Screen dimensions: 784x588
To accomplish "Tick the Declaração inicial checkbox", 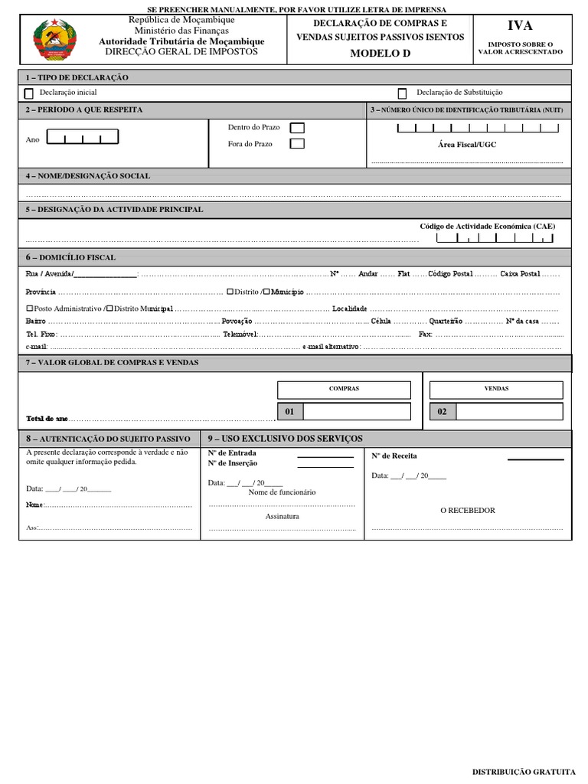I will [29, 93].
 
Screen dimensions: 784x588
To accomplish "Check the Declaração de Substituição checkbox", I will [402, 93].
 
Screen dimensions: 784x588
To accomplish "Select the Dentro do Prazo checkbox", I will [296, 128].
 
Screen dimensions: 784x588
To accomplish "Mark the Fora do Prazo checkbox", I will [296, 144].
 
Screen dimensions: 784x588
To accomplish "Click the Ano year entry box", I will [83, 138].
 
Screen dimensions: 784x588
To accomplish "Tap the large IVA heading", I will [520, 26].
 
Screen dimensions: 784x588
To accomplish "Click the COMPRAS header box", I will [344, 389].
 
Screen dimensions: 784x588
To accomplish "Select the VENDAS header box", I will [496, 389].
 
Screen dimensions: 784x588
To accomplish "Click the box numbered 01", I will [289, 412].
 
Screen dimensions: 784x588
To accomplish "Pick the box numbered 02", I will [443, 412].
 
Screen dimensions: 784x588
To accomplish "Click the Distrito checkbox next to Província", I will [230, 292].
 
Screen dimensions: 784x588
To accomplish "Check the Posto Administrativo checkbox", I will [28, 308].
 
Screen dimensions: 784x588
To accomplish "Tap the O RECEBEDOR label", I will [467, 511].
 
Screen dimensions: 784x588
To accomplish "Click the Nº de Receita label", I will [394, 456].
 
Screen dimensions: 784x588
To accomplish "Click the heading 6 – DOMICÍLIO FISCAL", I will [70, 258].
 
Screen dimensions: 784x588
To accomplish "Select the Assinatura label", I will [282, 517].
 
